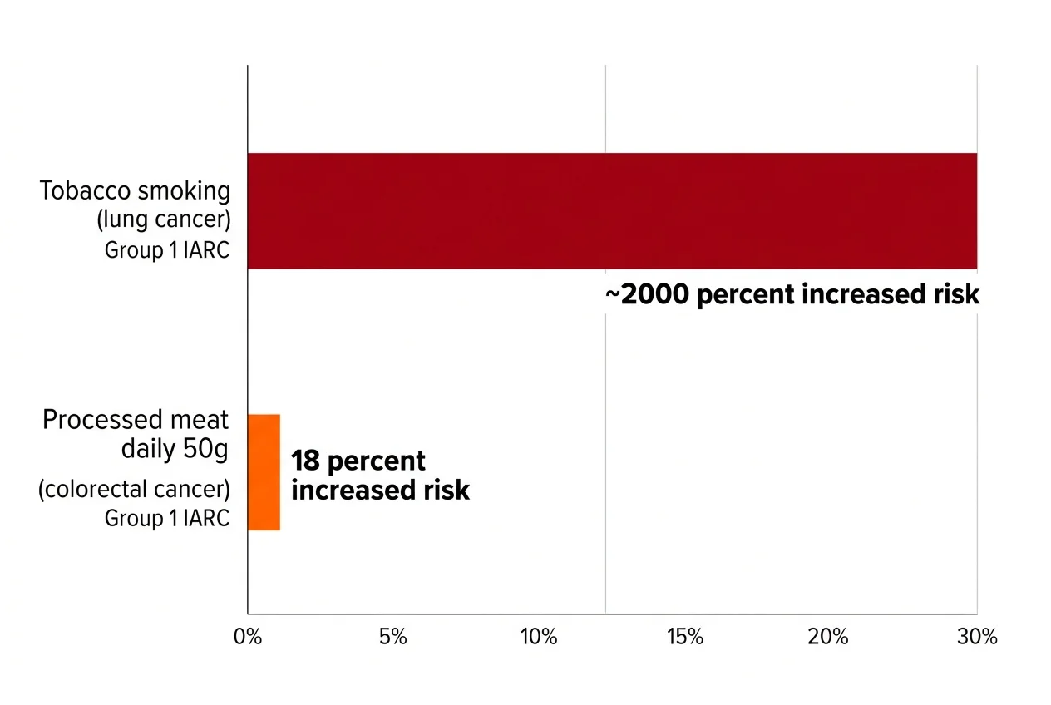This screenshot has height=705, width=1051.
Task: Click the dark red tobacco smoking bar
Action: pyautogui.click(x=612, y=211)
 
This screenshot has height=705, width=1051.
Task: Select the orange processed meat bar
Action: pyautogui.click(x=264, y=472)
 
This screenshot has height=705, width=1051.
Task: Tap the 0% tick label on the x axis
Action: pyautogui.click(x=248, y=638)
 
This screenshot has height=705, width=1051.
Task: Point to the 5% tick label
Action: pyautogui.click(x=392, y=638)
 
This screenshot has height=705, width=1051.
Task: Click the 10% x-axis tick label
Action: pyautogui.click(x=538, y=638)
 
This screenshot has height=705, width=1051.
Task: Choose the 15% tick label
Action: pyautogui.click(x=685, y=638)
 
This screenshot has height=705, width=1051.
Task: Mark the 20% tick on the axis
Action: pyautogui.click(x=830, y=638)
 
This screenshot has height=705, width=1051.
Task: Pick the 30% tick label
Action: pyautogui.click(x=977, y=638)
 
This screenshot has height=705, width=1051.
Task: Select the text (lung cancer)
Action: pyautogui.click(x=163, y=221)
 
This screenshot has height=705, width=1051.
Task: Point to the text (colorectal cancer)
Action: pyautogui.click(x=134, y=490)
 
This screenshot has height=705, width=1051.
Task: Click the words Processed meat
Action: pyautogui.click(x=136, y=420)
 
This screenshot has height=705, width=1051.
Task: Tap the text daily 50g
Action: pyautogui.click(x=175, y=450)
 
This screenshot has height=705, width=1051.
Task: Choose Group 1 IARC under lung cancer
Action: pyautogui.click(x=166, y=250)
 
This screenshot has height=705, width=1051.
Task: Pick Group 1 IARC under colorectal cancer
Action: pyautogui.click(x=166, y=519)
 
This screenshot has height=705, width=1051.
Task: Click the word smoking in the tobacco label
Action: pyautogui.click(x=184, y=191)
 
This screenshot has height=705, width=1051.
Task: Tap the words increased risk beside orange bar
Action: pyautogui.click(x=381, y=491)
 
